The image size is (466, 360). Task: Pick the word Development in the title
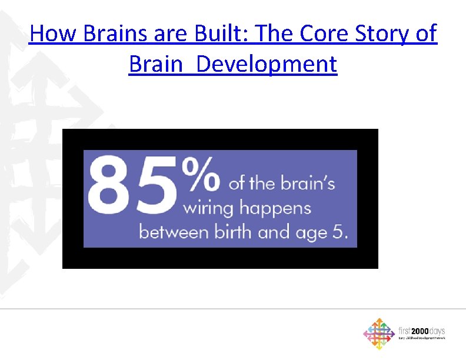tap(267, 64)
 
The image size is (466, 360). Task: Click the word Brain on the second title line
tap(157, 64)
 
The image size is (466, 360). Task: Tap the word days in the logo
tap(438, 331)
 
